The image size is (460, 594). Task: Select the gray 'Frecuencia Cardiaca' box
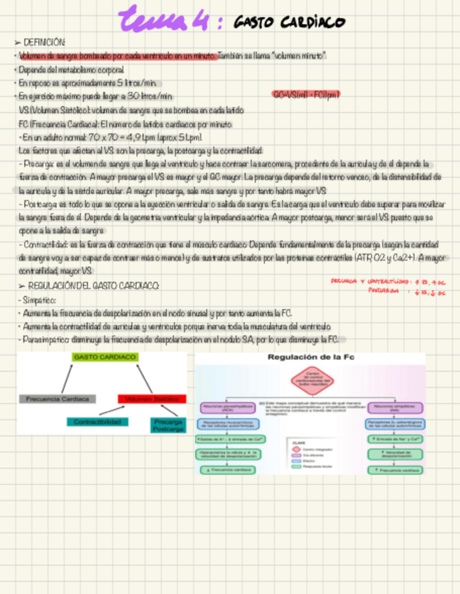point(57,399)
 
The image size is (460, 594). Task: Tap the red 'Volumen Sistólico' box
point(152,399)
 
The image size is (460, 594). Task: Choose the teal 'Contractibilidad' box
point(98,422)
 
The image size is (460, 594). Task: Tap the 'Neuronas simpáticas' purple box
point(395,406)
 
